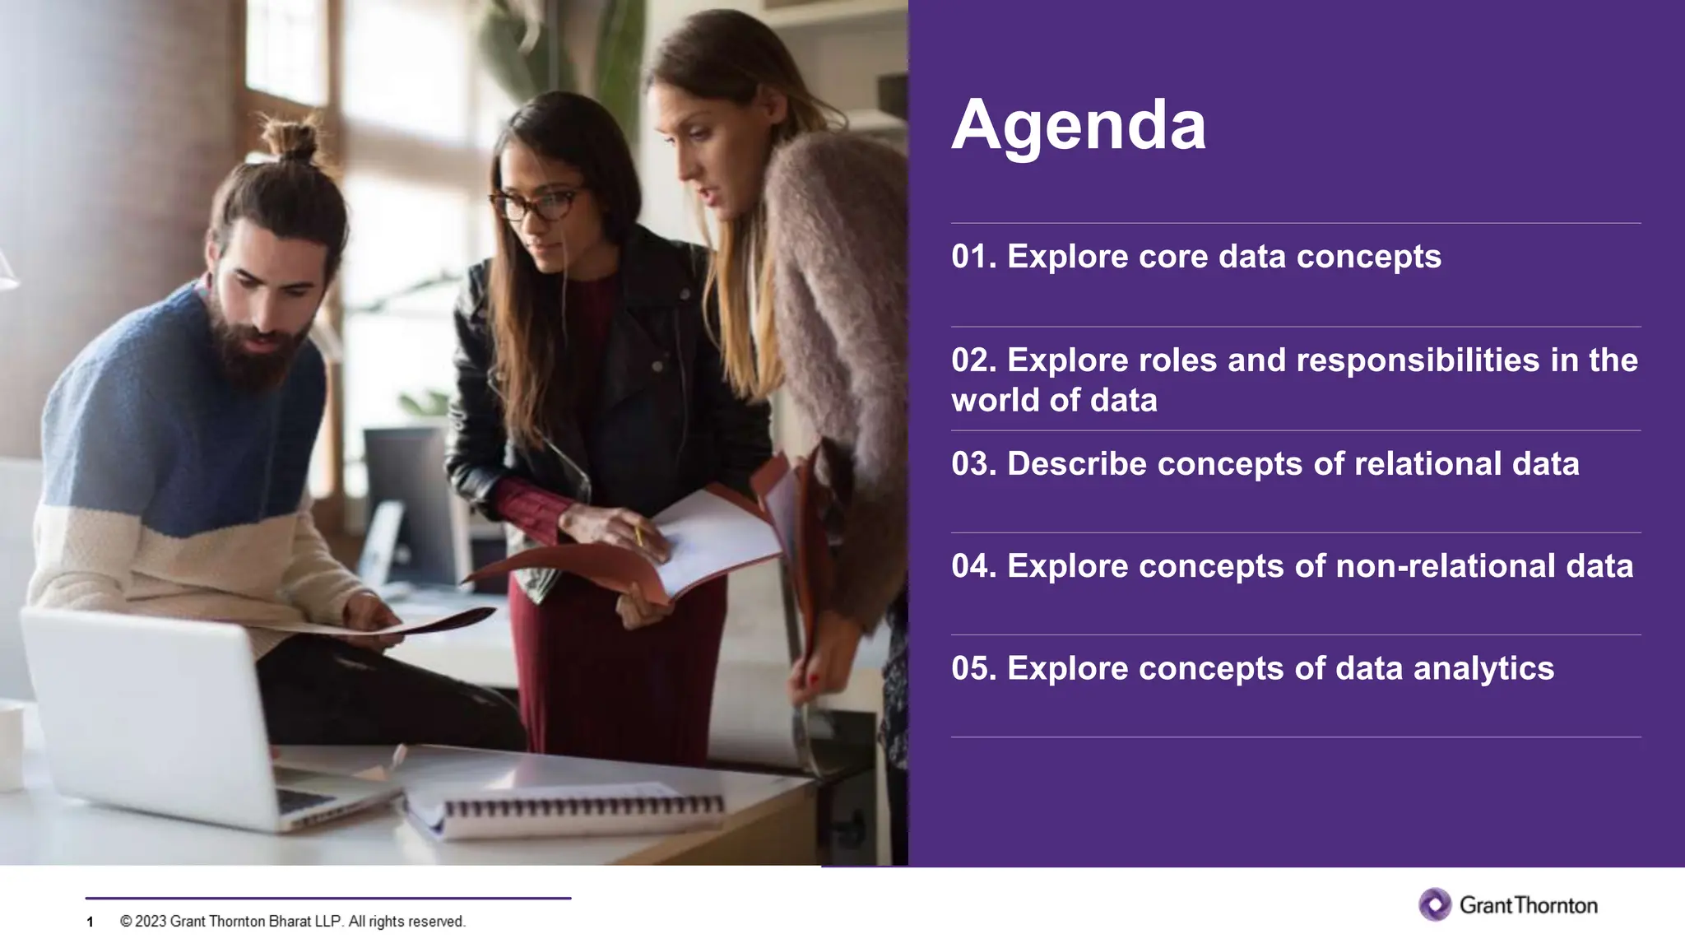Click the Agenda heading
point(1078,126)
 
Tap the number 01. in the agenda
point(973,257)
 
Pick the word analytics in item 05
point(1483,668)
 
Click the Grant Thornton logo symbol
point(1435,904)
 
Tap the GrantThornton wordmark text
point(1529,905)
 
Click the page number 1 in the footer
point(90,922)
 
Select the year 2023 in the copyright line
point(151,922)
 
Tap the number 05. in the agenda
point(973,668)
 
